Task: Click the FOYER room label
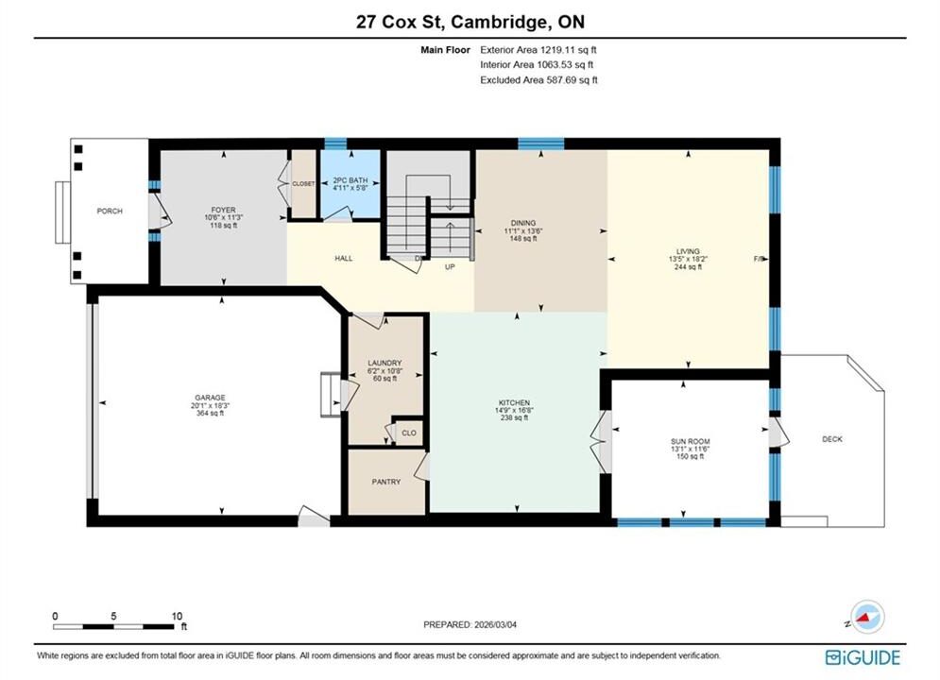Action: click(x=224, y=211)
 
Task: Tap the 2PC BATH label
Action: click(x=350, y=180)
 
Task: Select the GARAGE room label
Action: click(x=210, y=398)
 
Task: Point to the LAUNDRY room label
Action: click(x=385, y=363)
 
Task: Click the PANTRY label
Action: click(x=386, y=482)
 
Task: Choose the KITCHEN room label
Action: click(x=514, y=402)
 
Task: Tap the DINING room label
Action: click(x=523, y=223)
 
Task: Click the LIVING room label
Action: click(x=688, y=251)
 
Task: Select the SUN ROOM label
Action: click(x=691, y=442)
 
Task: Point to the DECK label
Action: click(x=832, y=439)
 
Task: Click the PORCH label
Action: click(x=110, y=211)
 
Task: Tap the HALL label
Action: click(x=344, y=258)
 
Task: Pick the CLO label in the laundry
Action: click(x=409, y=433)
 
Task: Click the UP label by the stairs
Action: click(x=450, y=267)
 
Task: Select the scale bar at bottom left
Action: click(x=113, y=627)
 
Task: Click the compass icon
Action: click(x=867, y=617)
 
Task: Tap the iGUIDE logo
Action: click(x=863, y=657)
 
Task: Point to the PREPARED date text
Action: click(x=470, y=624)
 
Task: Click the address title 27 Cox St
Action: click(x=400, y=22)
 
